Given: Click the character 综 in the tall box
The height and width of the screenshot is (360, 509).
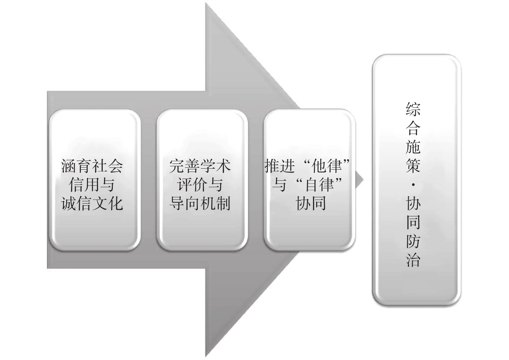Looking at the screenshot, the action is click(x=413, y=110).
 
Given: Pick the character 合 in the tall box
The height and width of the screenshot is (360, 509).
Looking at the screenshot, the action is click(x=413, y=129).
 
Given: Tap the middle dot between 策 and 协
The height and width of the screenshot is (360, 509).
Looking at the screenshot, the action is click(x=413, y=185).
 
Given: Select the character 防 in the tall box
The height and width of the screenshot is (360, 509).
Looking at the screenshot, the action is click(x=413, y=241).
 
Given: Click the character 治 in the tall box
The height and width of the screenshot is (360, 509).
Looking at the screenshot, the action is click(x=413, y=260).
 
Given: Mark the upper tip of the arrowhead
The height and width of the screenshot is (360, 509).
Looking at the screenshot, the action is click(x=206, y=4).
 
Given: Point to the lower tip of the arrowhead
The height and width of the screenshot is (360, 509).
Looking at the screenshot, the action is click(x=206, y=355).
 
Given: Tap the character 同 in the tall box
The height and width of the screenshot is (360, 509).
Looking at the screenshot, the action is click(x=413, y=222).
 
